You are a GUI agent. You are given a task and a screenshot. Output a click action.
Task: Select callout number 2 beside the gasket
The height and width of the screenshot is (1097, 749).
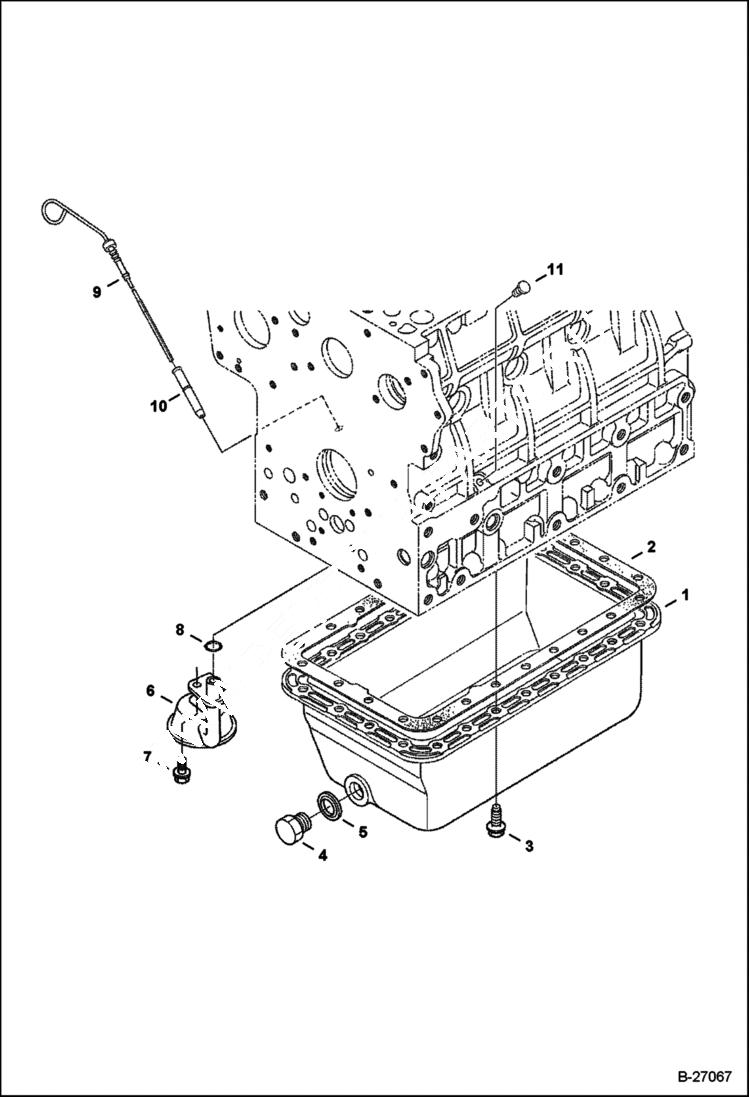650,546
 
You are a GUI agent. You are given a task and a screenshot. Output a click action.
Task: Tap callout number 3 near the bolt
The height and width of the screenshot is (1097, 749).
529,846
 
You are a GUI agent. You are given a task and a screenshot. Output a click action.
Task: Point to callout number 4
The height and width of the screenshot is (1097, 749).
321,855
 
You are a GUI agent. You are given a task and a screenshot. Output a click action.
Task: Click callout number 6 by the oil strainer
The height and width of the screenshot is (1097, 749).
150,690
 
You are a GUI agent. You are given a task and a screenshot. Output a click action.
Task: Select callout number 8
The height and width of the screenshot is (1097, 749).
180,630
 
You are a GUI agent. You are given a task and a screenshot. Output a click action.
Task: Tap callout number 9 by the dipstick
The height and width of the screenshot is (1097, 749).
97,291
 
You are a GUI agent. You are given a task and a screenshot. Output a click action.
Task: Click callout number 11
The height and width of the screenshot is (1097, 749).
555,270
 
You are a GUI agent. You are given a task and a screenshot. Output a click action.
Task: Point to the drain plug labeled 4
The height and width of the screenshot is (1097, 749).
290,828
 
